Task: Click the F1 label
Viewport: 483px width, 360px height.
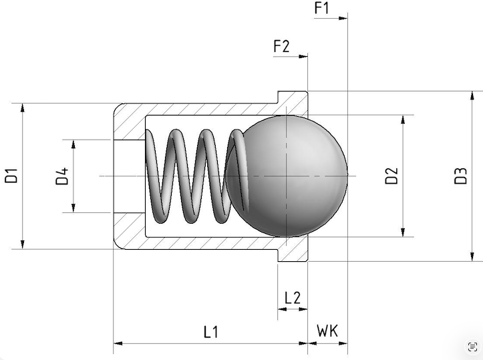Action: coord(321,8)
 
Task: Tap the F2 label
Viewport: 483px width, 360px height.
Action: coord(281,46)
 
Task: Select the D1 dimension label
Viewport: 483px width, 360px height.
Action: coord(11,176)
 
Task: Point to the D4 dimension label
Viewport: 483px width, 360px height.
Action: coord(62,176)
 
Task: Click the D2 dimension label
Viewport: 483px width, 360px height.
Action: coord(392,176)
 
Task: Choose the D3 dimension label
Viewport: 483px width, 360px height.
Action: coord(461,176)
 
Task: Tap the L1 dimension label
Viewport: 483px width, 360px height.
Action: coord(211,332)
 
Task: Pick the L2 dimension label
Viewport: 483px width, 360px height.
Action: coord(293,298)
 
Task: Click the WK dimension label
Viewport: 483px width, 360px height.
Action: coord(327,331)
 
